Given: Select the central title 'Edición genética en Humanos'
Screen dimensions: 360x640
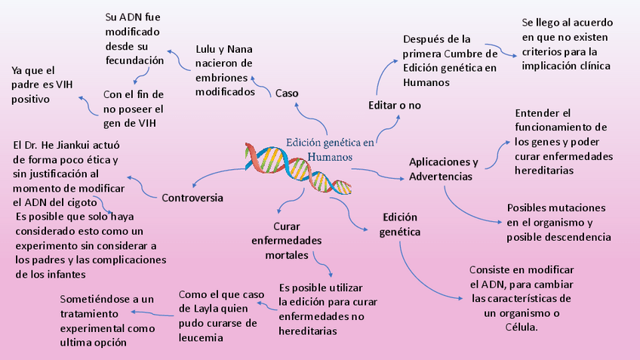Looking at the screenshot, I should (330, 149).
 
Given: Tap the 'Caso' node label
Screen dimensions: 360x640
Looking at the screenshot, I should (287, 93).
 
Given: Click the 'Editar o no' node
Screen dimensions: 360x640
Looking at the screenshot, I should (394, 105).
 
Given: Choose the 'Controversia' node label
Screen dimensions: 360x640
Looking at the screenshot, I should (192, 197).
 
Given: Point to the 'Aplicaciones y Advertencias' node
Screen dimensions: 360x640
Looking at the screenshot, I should (443, 169).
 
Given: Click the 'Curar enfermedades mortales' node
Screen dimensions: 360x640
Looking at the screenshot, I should (287, 241).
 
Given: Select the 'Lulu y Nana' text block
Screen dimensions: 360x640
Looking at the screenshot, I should (224, 70).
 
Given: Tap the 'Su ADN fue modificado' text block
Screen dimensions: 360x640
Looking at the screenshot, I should (134, 38).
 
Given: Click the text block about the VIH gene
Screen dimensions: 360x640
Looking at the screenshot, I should (134, 109).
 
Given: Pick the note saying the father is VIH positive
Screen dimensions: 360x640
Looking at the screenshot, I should (35, 85).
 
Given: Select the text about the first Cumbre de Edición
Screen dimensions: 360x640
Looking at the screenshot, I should (450, 60).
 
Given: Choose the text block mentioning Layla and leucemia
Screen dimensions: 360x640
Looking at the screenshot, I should (218, 315).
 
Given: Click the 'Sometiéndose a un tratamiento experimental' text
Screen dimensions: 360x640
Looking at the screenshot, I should (107, 320).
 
